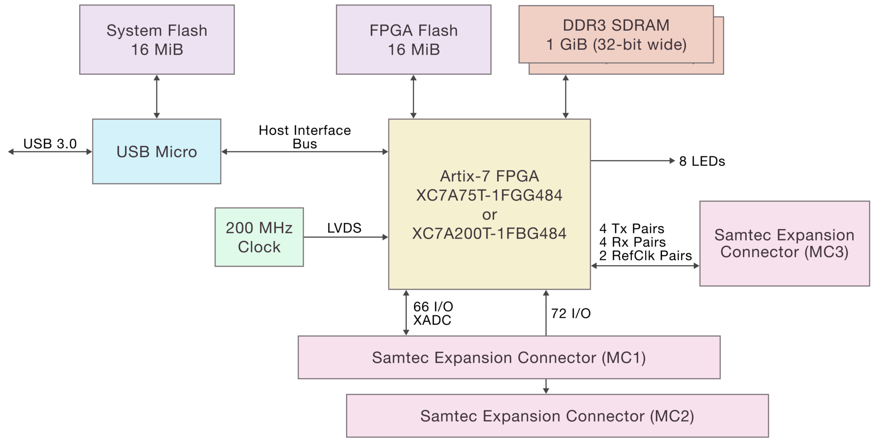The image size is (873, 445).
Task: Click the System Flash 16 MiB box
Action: pyautogui.click(x=157, y=40)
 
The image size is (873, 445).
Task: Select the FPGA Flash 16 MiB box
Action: pyautogui.click(x=413, y=40)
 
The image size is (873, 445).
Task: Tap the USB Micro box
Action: pyautogui.click(x=156, y=151)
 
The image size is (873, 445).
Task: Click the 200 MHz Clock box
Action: pyautogui.click(x=259, y=237)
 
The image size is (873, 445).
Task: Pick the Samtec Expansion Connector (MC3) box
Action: pyautogui.click(x=784, y=243)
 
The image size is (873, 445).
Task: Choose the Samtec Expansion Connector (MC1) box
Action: pyautogui.click(x=509, y=357)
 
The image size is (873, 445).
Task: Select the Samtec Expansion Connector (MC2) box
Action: pyautogui.click(x=557, y=416)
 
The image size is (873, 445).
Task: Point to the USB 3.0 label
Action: pyautogui.click(x=50, y=144)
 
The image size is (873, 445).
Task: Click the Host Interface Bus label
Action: pyautogui.click(x=305, y=137)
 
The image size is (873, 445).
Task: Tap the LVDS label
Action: pyautogui.click(x=344, y=228)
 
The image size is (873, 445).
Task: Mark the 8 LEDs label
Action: pyautogui.click(x=702, y=161)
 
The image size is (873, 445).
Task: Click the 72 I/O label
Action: pyautogui.click(x=571, y=313)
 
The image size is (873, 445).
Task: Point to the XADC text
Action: pyautogui.click(x=432, y=320)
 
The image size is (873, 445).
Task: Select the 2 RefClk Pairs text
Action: pyautogui.click(x=645, y=255)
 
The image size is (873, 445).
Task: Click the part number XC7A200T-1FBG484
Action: pyautogui.click(x=489, y=233)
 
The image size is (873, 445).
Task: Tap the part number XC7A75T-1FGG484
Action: pyautogui.click(x=489, y=195)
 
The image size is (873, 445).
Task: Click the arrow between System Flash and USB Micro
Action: pyautogui.click(x=157, y=97)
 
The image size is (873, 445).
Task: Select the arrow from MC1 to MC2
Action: pyautogui.click(x=546, y=386)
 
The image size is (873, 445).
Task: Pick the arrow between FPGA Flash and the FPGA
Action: pyautogui.click(x=413, y=97)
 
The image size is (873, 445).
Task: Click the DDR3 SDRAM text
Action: pyautogui.click(x=616, y=25)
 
